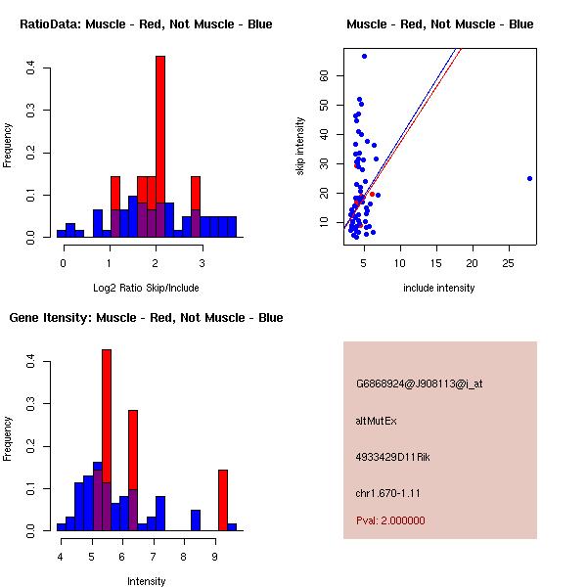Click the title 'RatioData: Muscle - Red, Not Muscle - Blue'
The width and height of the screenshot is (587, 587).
click(146, 23)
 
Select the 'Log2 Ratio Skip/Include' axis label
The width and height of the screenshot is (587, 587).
click(146, 288)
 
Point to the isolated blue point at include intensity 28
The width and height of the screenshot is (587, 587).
click(529, 178)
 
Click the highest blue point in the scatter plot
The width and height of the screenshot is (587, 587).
click(364, 56)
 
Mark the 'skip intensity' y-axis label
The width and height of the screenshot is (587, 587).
click(301, 147)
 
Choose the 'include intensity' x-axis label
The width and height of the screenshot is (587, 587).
click(439, 288)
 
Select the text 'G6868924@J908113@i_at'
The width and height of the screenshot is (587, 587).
click(419, 384)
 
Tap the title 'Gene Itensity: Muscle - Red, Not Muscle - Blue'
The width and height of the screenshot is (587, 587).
click(146, 318)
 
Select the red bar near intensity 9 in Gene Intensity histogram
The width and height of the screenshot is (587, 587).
click(223, 499)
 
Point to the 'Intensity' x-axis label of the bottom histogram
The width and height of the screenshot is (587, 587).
click(146, 581)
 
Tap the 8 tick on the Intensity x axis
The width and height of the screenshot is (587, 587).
click(183, 558)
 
